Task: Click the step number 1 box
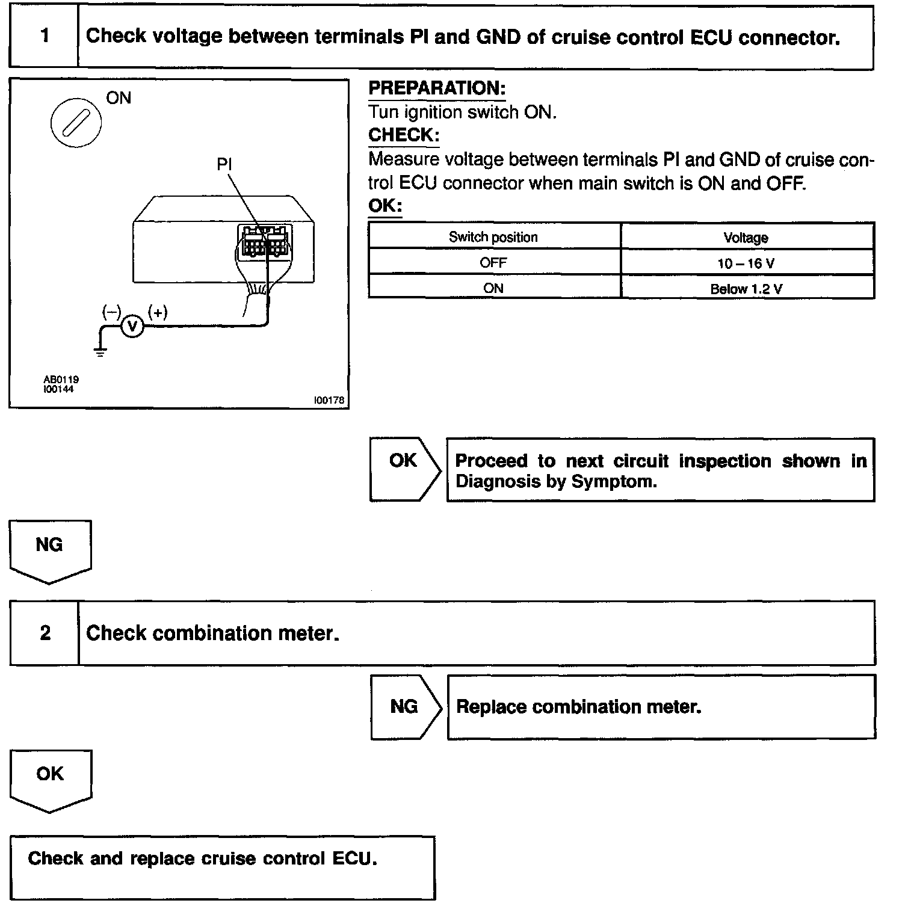point(44,36)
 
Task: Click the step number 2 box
point(45,633)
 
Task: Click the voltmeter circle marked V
point(133,326)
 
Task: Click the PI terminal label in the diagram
point(224,163)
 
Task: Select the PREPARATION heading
point(436,88)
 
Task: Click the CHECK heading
point(403,135)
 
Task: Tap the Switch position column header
point(493,237)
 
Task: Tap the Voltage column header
point(746,238)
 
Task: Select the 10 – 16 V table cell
point(746,263)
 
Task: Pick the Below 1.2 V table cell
point(746,289)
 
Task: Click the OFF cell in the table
point(493,263)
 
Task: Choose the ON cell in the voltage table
point(493,288)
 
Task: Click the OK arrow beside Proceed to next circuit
point(404,469)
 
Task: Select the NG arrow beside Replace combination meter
point(404,706)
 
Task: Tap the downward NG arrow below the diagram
point(49,549)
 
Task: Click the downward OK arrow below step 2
point(50,778)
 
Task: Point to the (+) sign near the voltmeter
point(158,312)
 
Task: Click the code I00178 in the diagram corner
point(329,400)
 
